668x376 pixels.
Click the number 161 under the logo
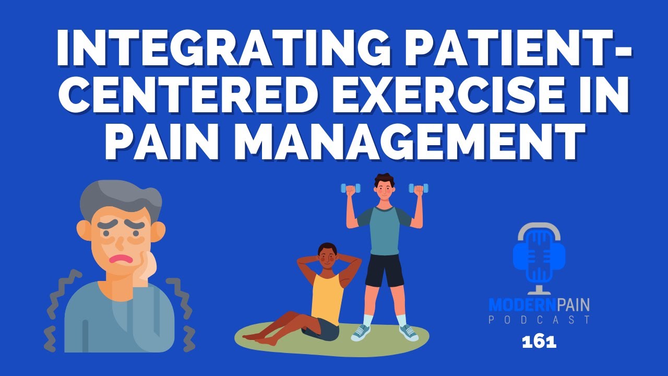pyautogui.click(x=539, y=343)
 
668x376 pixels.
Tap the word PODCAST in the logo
pyautogui.click(x=540, y=319)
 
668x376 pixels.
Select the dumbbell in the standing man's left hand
pyautogui.click(x=418, y=188)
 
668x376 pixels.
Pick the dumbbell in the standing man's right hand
pyautogui.click(x=350, y=188)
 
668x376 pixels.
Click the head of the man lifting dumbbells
pyautogui.click(x=384, y=188)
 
